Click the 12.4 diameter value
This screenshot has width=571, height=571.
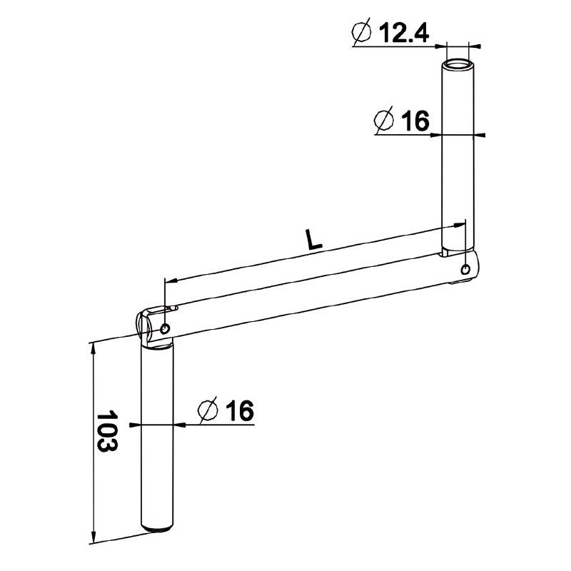[404, 33]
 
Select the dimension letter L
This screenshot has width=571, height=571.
[314, 240]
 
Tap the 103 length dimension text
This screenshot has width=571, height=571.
[106, 431]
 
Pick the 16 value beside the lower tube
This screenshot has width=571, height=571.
[239, 410]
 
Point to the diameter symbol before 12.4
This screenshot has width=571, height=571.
[361, 31]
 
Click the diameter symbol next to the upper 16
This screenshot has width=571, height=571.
[384, 120]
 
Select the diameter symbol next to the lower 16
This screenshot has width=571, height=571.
[208, 410]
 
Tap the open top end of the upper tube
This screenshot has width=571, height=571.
[458, 66]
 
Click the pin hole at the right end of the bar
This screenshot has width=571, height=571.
[465, 270]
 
